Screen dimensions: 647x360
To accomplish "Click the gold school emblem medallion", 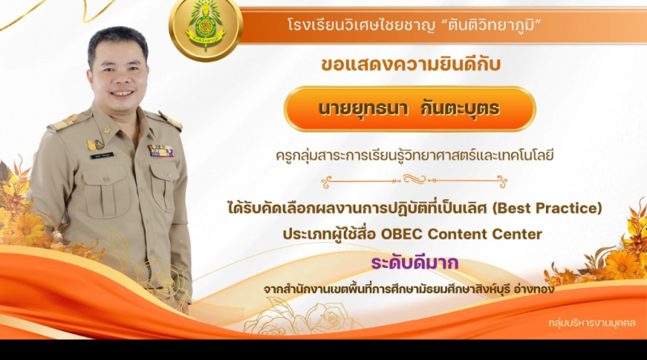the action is (205, 28).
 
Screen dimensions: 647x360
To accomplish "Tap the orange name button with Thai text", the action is (409, 109).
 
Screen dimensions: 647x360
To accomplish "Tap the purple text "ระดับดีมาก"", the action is (415, 263).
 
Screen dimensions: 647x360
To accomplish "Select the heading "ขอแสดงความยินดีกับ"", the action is (411, 65).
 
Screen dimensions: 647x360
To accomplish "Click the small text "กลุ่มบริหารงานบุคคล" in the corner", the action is (592, 323).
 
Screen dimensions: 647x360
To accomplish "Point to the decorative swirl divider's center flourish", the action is (414, 180).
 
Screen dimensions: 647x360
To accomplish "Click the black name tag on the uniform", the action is (102, 156).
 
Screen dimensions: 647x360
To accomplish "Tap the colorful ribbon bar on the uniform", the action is (161, 150).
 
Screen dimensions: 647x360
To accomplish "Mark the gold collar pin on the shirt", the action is (108, 130).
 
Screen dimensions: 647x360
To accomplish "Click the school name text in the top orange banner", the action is (414, 26).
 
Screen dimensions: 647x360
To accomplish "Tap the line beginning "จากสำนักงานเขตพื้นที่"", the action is (409, 290).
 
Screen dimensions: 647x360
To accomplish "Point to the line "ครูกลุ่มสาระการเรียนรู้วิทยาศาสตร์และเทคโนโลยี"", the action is (415, 155).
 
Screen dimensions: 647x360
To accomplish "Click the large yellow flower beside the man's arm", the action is (25, 228).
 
